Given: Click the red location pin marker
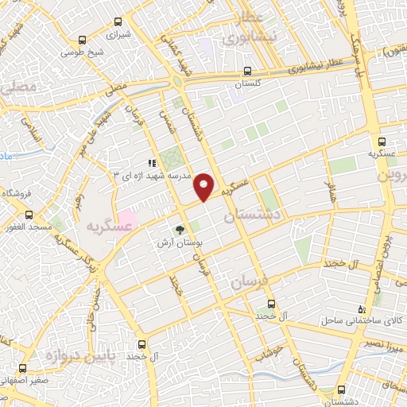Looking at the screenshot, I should coord(205,187).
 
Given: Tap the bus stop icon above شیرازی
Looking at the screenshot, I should coord(82,41).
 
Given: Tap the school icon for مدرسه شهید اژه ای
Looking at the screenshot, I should coord(151,163).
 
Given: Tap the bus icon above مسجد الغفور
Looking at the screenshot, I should coord(29,215).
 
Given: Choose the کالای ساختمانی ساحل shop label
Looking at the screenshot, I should coord(356,321).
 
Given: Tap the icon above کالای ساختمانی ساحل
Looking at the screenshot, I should coord(362,308).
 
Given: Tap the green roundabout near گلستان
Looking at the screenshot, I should coord(176,81).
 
